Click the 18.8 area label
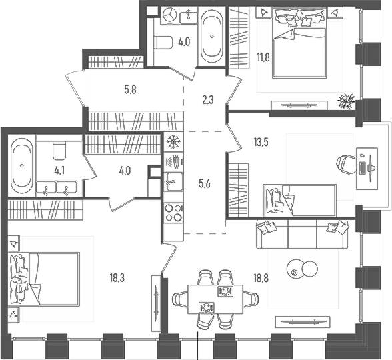[261, 278]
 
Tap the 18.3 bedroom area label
[117, 278]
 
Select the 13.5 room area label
[261, 142]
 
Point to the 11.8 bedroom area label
[263, 58]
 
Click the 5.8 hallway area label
[130, 89]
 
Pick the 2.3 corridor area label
[208, 100]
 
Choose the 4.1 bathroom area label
[59, 171]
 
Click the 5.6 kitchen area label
[204, 184]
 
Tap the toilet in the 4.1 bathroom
[59, 150]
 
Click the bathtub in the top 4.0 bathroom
[212, 36]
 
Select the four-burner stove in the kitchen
[174, 213]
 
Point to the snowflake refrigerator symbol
[173, 142]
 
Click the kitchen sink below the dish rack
[173, 181]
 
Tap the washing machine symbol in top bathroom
[171, 15]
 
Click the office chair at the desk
[346, 165]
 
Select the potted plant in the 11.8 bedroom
[346, 101]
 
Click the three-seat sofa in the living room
[302, 234]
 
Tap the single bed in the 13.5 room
[300, 201]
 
